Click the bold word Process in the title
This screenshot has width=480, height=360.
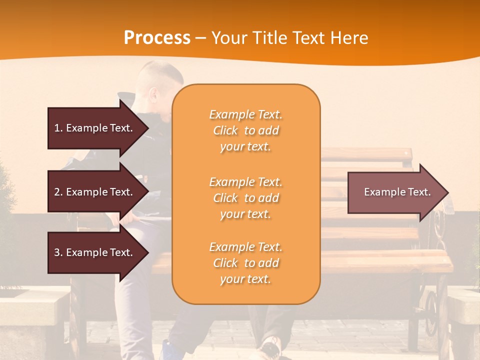[x=157, y=38]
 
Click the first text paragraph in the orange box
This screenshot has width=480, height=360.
[x=245, y=130]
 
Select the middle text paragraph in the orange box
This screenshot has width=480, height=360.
[x=245, y=198]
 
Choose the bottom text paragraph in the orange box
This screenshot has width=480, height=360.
[x=245, y=263]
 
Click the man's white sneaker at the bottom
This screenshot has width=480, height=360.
[x=270, y=347]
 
